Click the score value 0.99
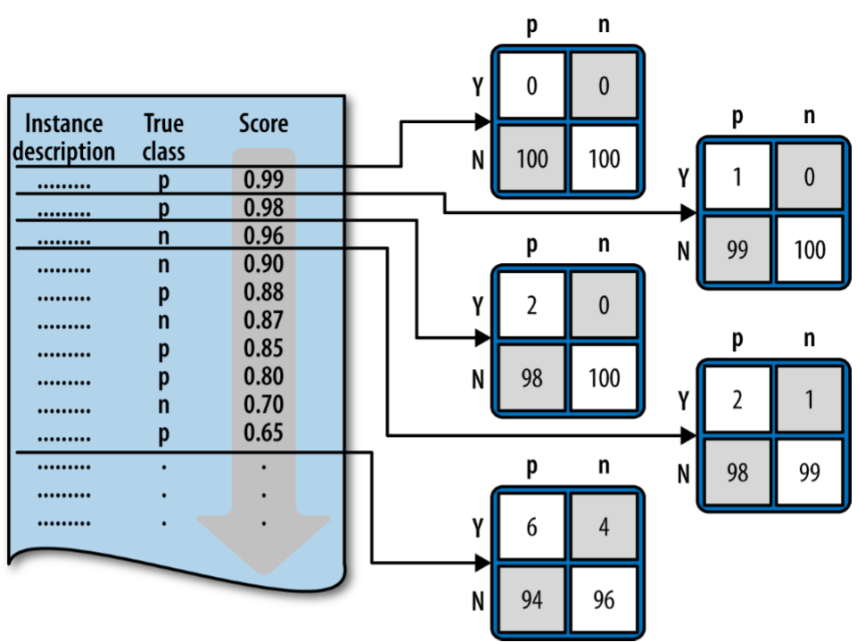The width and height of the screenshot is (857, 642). [x=263, y=180]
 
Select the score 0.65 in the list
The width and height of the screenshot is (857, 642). [x=263, y=433]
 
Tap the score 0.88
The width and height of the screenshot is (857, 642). [x=263, y=292]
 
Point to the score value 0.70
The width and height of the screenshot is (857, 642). [x=263, y=405]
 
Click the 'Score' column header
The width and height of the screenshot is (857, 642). [x=263, y=123]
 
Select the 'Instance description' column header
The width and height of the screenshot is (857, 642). [x=64, y=137]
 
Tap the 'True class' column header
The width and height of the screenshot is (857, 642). [x=163, y=137]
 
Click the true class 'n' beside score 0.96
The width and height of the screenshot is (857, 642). [x=163, y=237]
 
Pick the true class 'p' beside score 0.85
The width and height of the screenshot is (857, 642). [x=163, y=349]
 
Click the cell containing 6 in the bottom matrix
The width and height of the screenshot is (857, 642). [x=532, y=527]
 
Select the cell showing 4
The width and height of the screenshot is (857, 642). [x=604, y=527]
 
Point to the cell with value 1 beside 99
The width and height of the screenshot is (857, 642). [x=809, y=400]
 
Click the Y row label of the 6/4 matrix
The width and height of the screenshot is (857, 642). [x=477, y=528]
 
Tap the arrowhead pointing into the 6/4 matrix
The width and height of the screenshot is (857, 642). [x=483, y=563]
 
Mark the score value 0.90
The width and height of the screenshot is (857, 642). [x=263, y=265]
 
